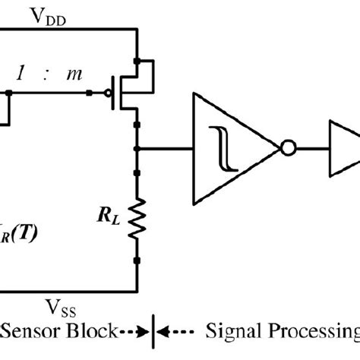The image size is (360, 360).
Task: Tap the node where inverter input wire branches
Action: pyautogui.click(x=137, y=149)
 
